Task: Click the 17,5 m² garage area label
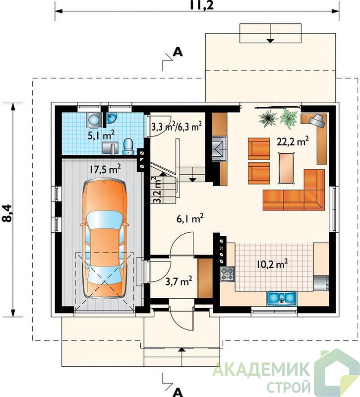[x=104, y=169]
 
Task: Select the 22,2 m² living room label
[x=293, y=141]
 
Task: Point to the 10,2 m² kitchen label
[x=272, y=265]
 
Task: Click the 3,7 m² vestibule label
[x=179, y=281]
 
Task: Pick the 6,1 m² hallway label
[x=190, y=219]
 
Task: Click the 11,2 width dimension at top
[x=202, y=5]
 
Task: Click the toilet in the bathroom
[x=128, y=146]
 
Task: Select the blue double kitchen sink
[x=281, y=298]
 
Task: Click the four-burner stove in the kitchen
[x=227, y=274]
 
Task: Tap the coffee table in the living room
[x=287, y=167]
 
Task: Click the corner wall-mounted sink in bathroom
[x=111, y=118]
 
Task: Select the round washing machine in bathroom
[x=94, y=119]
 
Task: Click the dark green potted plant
[x=269, y=118]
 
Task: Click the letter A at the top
[x=178, y=52]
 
